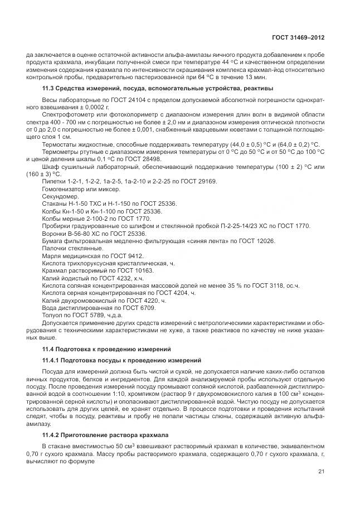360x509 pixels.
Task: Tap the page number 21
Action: (322, 473)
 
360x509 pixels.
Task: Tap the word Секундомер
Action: (61, 196)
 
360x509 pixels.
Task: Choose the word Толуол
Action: (52, 314)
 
